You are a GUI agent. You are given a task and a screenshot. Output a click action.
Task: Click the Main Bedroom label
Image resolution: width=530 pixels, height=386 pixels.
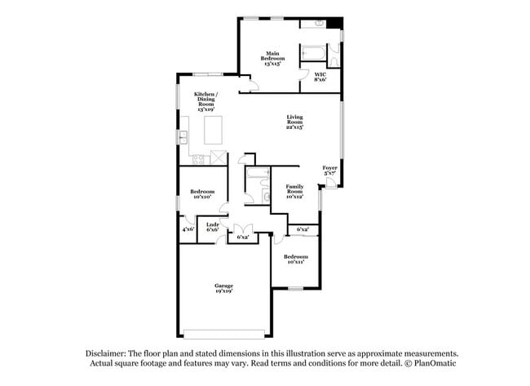pos(272,58)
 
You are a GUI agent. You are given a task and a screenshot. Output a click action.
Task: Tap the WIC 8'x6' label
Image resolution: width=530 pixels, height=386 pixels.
pos(320,78)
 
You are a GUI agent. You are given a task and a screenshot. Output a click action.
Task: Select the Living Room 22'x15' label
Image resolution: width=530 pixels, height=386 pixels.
pos(295,123)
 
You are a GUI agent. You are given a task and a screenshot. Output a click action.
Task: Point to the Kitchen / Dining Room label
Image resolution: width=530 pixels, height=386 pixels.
pos(205,100)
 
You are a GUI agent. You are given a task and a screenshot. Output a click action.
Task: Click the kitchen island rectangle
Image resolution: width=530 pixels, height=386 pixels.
pos(213,129)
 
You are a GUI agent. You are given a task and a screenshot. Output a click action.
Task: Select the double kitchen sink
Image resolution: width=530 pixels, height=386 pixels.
pos(184,135)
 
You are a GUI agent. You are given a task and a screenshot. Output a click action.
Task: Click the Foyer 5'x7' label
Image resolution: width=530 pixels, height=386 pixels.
pos(330,170)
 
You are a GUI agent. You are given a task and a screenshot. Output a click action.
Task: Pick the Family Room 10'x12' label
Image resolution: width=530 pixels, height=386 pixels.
pos(294,193)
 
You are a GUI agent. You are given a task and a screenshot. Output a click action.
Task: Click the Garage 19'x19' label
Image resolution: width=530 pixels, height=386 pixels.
pos(224,288)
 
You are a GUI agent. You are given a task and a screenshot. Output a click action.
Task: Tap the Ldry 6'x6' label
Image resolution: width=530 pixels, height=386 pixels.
pos(212,228)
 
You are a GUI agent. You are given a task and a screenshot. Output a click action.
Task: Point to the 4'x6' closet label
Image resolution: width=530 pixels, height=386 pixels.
pos(188,229)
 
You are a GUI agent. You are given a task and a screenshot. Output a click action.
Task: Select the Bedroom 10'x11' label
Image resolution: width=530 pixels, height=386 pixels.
pos(294,259)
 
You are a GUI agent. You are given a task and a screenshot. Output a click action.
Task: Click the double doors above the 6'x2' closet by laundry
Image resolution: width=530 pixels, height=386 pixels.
pos(242,228)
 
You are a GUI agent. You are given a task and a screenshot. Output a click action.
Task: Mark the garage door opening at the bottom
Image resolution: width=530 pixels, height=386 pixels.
pos(224,332)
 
